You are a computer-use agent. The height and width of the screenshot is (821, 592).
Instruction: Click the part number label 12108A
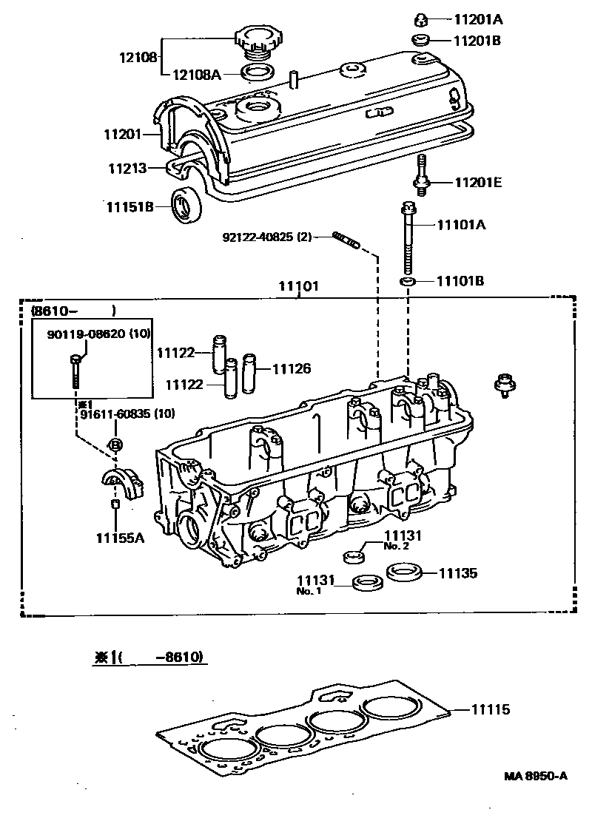tap(197, 73)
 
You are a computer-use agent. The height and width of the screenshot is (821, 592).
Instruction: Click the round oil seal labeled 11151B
tap(185, 205)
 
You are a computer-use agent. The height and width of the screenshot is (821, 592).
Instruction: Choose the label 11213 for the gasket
tap(124, 168)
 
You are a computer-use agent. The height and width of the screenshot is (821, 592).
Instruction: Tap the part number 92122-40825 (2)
tap(266, 237)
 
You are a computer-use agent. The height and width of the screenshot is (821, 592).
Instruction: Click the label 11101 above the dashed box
tap(298, 286)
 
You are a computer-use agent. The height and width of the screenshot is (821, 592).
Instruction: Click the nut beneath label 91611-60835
tap(115, 445)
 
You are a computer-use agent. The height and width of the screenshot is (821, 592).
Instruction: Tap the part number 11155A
tap(119, 538)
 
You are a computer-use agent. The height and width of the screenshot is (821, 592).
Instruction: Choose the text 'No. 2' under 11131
tap(396, 547)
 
